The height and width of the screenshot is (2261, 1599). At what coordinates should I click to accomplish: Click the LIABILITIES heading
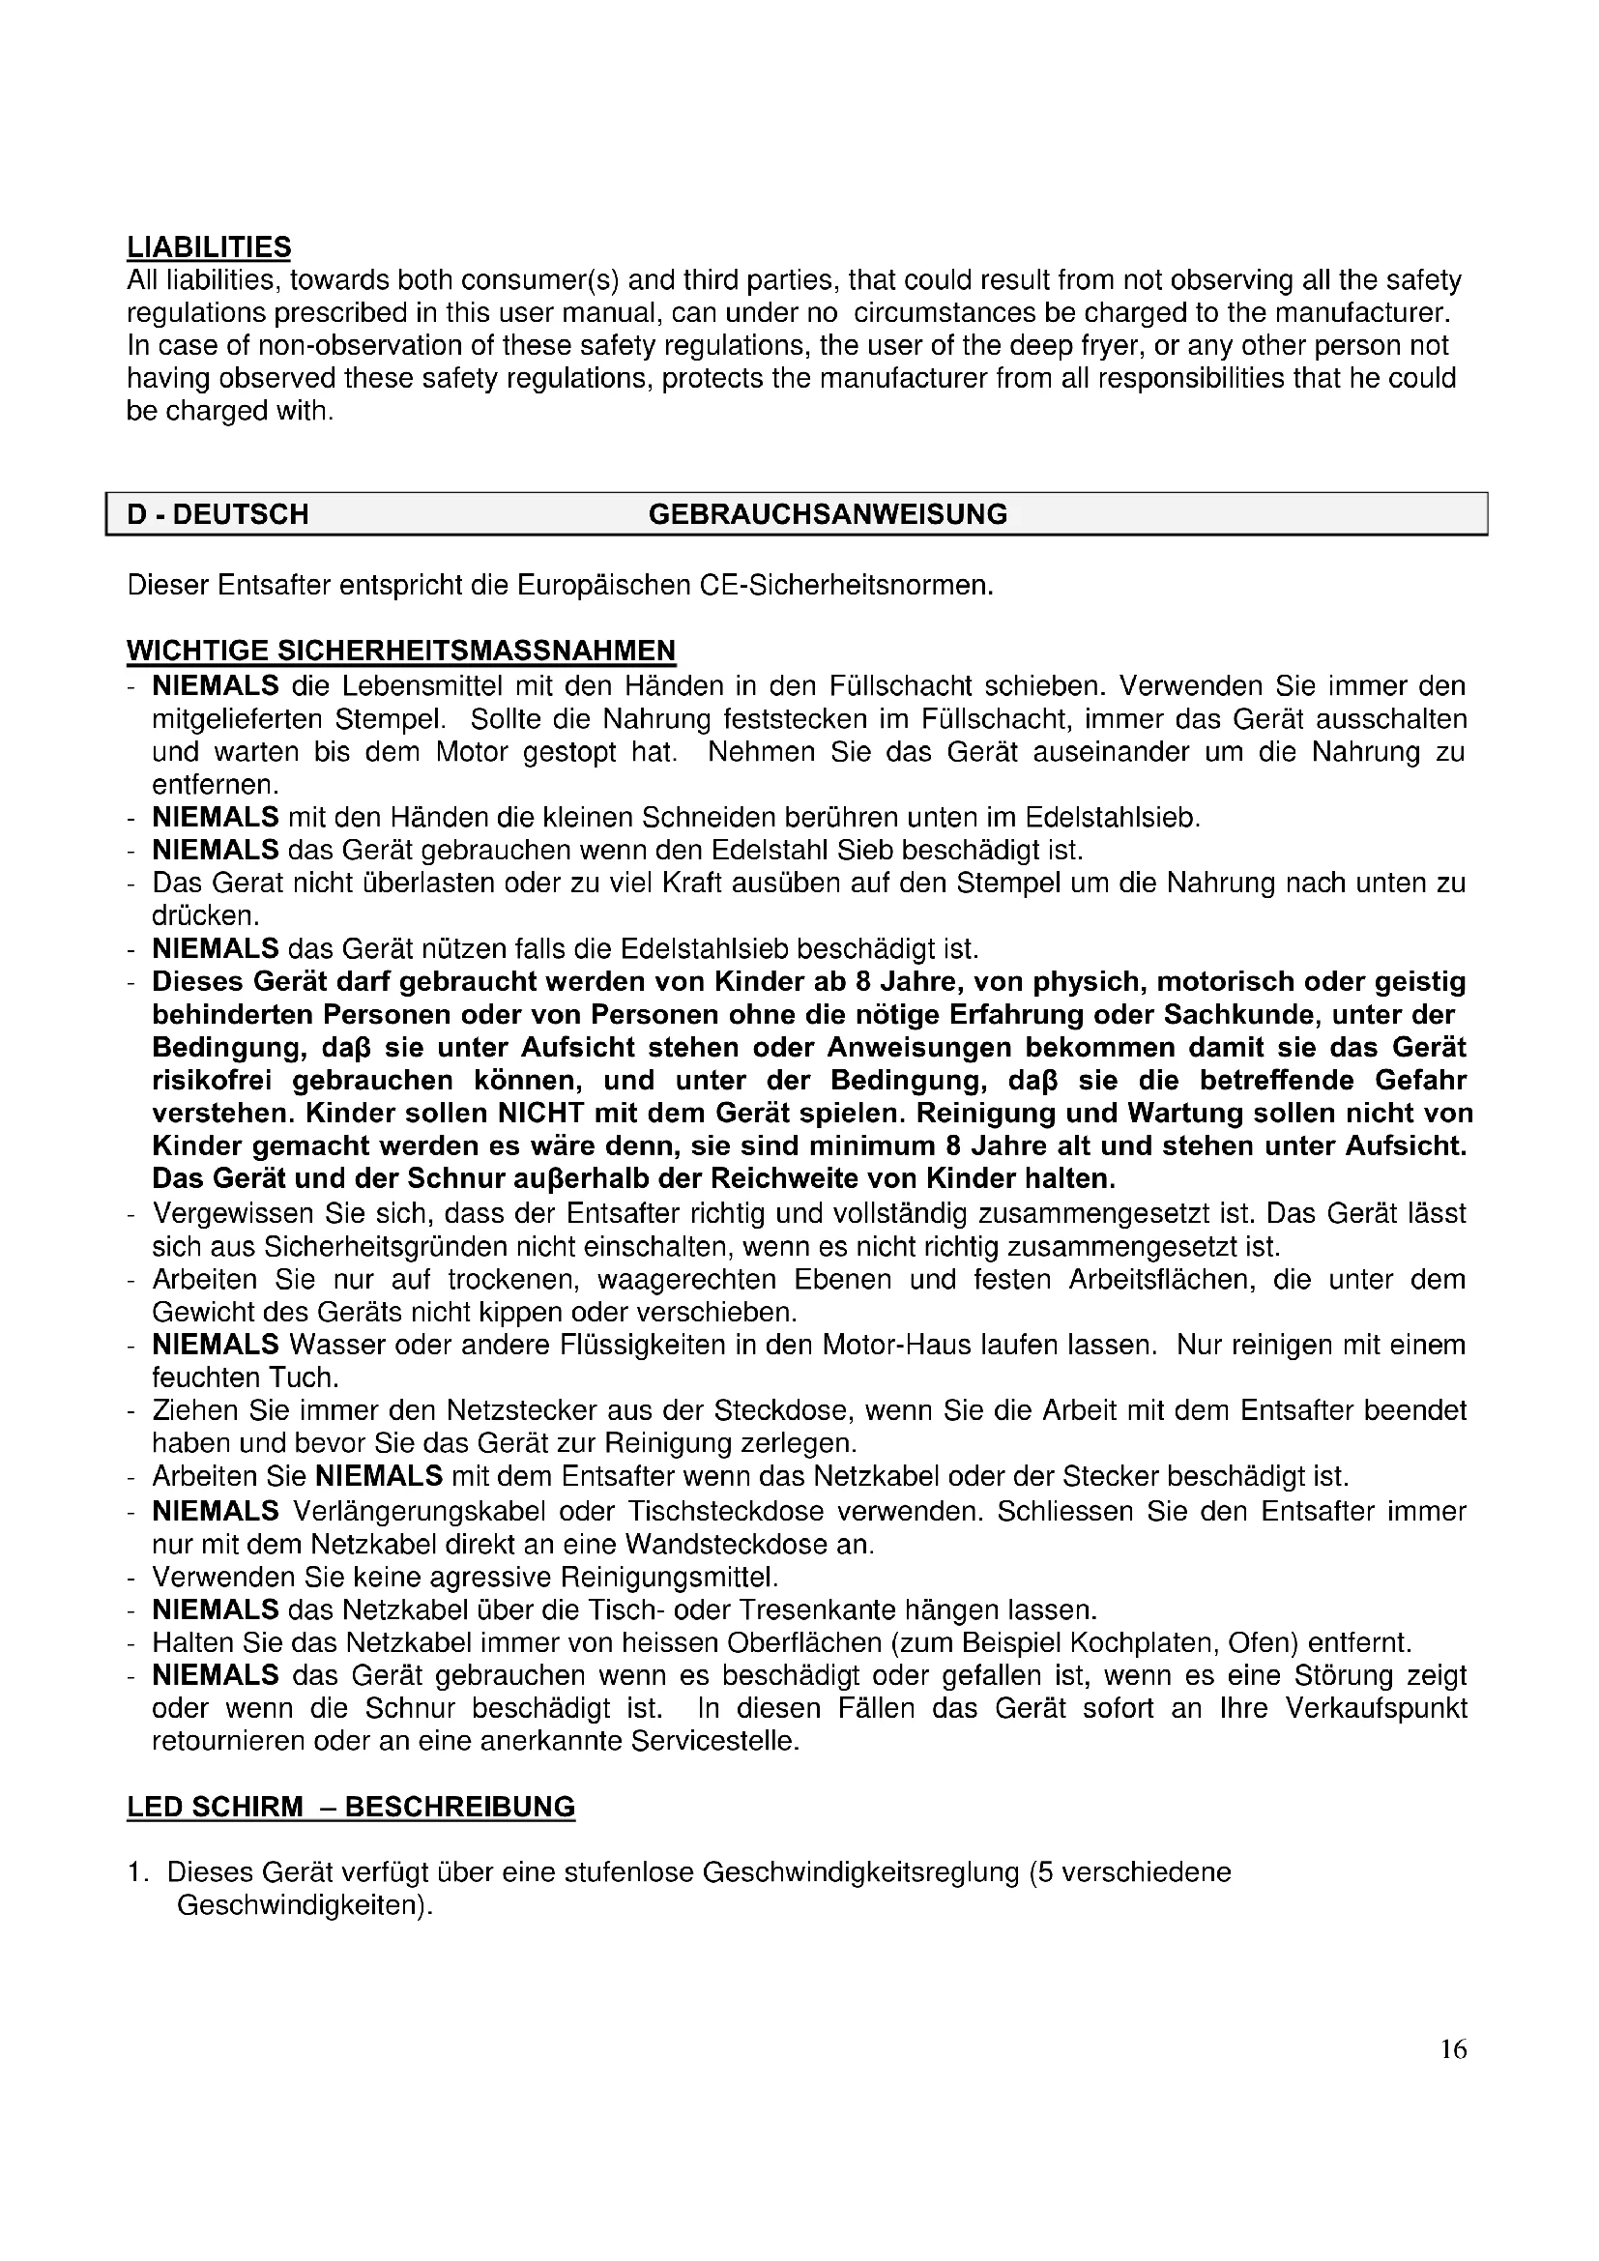pos(209,246)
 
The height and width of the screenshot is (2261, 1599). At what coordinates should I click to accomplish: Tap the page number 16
pos(1453,2049)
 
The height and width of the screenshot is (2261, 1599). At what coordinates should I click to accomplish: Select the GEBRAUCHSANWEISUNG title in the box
pos(828,514)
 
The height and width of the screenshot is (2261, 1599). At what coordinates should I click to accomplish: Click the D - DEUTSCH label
pos(218,514)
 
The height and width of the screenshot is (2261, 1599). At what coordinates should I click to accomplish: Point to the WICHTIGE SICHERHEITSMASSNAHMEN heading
pos(401,651)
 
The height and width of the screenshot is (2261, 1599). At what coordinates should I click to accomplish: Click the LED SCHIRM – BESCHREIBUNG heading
pos(351,1807)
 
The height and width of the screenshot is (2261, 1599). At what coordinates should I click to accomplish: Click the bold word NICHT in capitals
pos(539,1114)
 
